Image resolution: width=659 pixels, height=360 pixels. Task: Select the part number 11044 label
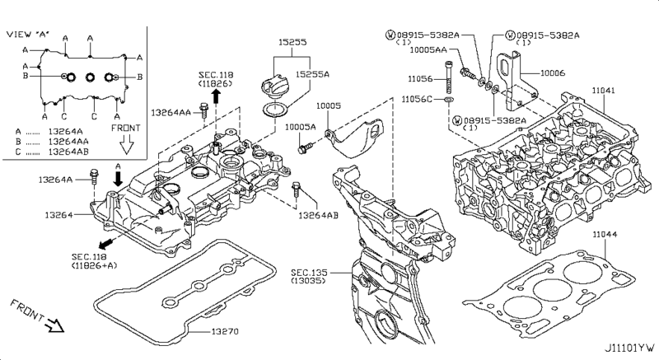[605, 235]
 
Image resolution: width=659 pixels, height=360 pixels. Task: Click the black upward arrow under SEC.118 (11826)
[215, 97]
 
